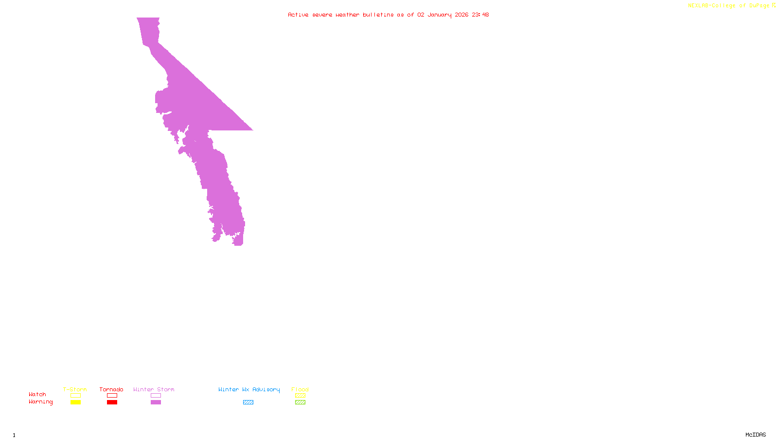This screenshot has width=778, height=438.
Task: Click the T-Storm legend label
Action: [x=75, y=389]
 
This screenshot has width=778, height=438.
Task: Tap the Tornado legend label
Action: [x=111, y=389]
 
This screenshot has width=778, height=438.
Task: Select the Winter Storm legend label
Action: [x=154, y=389]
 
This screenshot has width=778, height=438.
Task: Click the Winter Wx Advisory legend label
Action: [x=249, y=389]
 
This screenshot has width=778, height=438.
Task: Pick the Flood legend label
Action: [x=300, y=389]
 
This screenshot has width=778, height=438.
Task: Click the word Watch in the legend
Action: [x=37, y=394]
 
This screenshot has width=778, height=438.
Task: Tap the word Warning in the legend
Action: [x=41, y=402]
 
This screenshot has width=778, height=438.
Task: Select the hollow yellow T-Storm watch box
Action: [x=75, y=396]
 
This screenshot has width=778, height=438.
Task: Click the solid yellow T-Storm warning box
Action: [x=75, y=402]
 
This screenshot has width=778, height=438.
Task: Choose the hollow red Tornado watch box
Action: [x=112, y=396]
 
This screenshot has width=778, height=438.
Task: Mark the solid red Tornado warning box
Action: [x=112, y=402]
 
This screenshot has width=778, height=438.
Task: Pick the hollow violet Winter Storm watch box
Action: [x=156, y=396]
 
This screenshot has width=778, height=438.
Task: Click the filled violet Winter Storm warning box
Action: [x=156, y=402]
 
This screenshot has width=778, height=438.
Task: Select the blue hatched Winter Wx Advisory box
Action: [x=248, y=402]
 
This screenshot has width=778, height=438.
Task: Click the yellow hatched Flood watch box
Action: [x=300, y=396]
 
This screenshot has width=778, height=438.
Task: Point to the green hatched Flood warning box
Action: [x=300, y=402]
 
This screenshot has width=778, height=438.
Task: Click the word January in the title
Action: [x=440, y=15]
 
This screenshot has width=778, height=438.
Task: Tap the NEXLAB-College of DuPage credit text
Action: [x=729, y=5]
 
